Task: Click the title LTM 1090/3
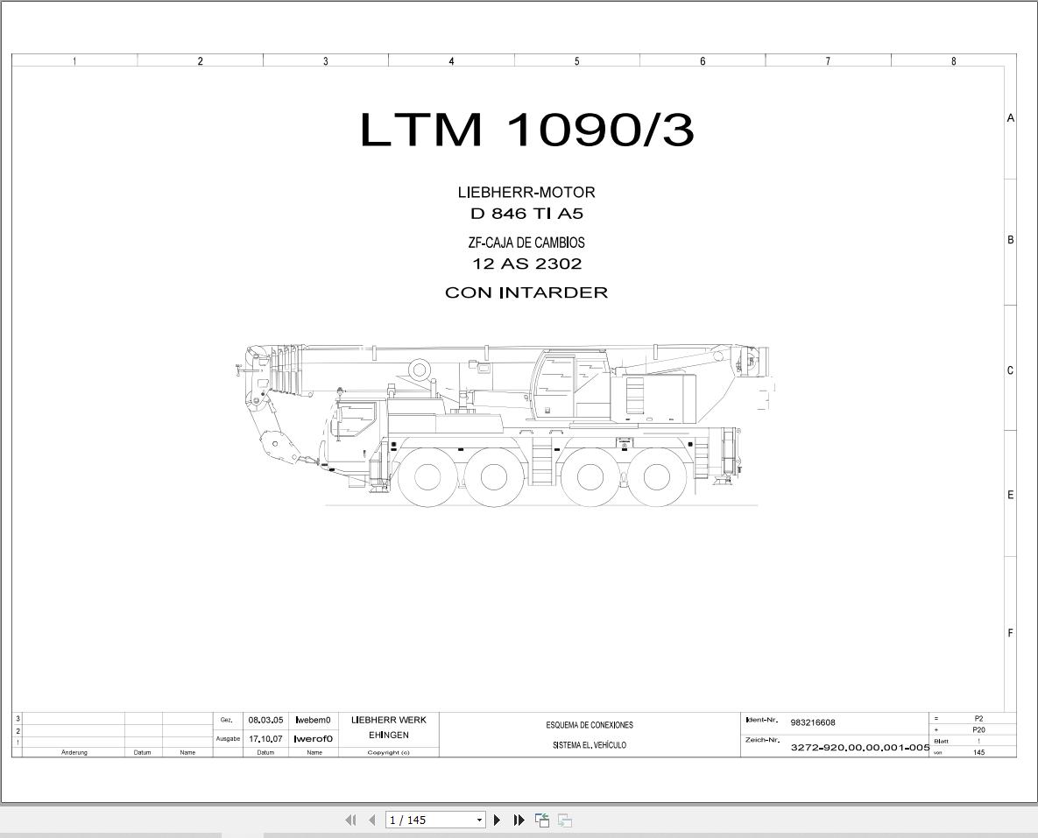pyautogui.click(x=526, y=130)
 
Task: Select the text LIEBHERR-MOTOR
pyautogui.click(x=526, y=193)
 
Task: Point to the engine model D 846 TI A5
pyautogui.click(x=526, y=214)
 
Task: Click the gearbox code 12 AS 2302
pyautogui.click(x=526, y=264)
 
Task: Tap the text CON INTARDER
pyautogui.click(x=526, y=292)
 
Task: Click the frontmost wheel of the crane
pyautogui.click(x=427, y=477)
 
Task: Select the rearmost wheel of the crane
pyautogui.click(x=656, y=477)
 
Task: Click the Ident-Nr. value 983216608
pyautogui.click(x=812, y=722)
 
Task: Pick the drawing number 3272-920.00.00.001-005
pyautogui.click(x=859, y=748)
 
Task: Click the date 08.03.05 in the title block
pyautogui.click(x=265, y=720)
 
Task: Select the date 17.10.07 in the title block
pyautogui.click(x=265, y=739)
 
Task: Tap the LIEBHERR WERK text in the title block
pyautogui.click(x=388, y=720)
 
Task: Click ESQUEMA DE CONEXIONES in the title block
pyautogui.click(x=589, y=725)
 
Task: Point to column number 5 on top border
pyautogui.click(x=576, y=61)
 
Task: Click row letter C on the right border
pyautogui.click(x=1010, y=370)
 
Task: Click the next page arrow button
pyautogui.click(x=497, y=820)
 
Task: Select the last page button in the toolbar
pyautogui.click(x=519, y=820)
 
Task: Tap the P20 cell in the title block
pyautogui.click(x=978, y=729)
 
